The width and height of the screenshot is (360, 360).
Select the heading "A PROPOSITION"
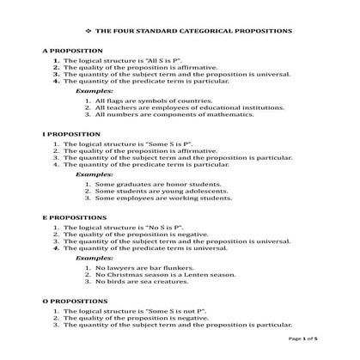coord(70,52)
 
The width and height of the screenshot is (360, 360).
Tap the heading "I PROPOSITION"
coord(70,135)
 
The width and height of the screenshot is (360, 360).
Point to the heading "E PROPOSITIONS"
coord(74,217)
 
